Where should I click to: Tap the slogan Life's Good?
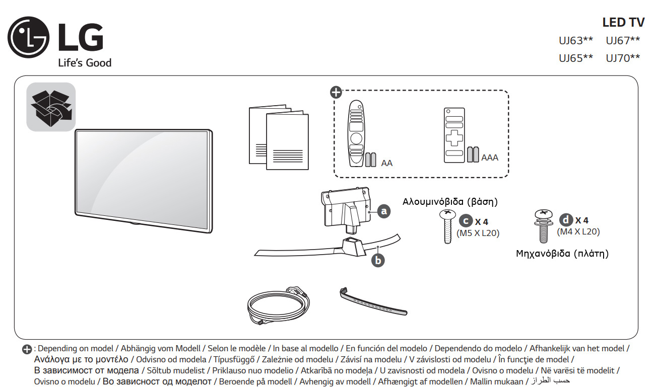click(85, 63)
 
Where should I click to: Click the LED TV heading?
click(623, 22)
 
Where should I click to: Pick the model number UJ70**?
click(623, 58)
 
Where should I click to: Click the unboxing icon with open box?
click(51, 107)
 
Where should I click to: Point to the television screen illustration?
click(143, 181)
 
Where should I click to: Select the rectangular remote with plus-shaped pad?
click(454, 135)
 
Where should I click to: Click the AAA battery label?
click(490, 158)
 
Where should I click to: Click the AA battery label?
click(387, 163)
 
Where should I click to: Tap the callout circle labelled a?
click(384, 211)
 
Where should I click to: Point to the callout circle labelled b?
click(377, 260)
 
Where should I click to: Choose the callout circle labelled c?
click(466, 221)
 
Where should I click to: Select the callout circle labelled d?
click(566, 220)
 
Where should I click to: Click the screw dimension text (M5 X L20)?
click(478, 233)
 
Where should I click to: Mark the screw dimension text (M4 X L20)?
click(578, 231)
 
